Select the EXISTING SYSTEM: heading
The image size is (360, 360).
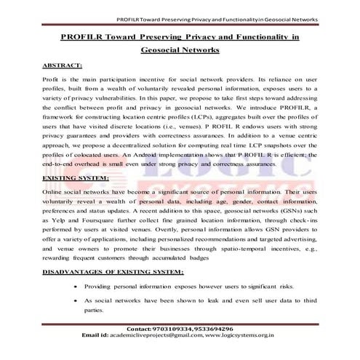[x=76, y=177]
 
